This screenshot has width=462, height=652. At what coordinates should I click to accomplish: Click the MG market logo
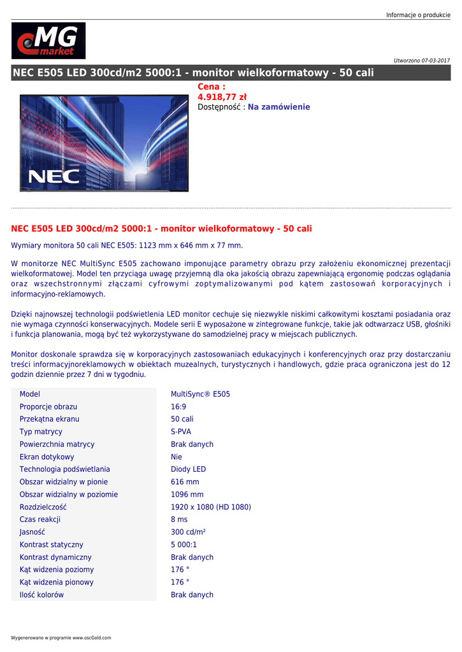click(48, 41)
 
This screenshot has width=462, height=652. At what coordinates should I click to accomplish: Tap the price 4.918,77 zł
click(222, 97)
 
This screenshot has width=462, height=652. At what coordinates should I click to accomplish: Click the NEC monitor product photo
click(105, 143)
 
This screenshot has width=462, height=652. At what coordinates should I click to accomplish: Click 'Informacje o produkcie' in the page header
click(418, 15)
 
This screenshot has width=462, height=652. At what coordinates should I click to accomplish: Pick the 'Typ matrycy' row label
click(41, 432)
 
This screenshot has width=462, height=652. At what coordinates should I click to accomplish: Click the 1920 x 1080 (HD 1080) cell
click(211, 507)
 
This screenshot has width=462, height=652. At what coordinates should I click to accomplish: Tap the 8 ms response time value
click(179, 520)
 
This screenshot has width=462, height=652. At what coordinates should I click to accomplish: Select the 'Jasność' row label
click(32, 532)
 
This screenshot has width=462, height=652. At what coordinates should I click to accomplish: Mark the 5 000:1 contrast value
click(184, 544)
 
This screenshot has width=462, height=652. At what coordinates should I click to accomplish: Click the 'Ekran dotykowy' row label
click(47, 457)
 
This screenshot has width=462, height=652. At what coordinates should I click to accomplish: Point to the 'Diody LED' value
click(188, 469)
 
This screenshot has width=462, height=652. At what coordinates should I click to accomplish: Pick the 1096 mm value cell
click(187, 494)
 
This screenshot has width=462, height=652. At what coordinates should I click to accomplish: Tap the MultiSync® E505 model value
click(200, 394)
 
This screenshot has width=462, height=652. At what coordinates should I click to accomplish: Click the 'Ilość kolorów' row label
click(41, 595)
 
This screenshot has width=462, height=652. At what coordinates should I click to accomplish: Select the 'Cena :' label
click(212, 87)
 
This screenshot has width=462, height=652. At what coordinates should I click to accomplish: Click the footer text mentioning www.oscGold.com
click(61, 637)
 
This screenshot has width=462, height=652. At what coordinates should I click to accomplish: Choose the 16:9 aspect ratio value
click(178, 406)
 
